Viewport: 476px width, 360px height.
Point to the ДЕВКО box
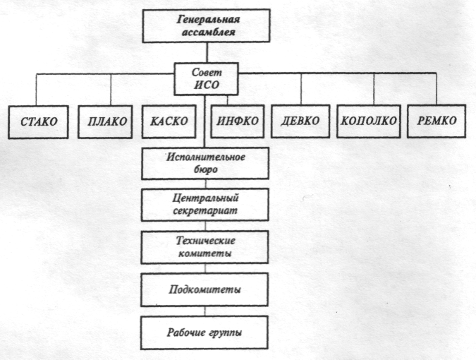pos(300,121)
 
